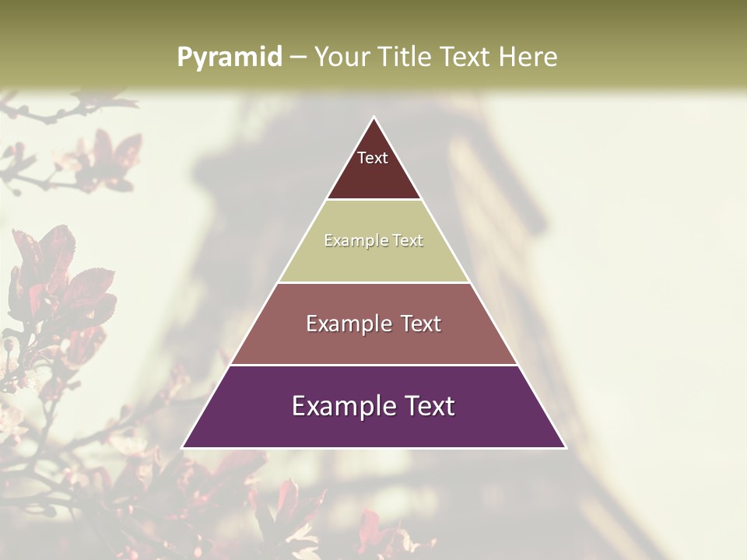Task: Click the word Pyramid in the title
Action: (x=229, y=58)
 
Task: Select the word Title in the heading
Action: (x=405, y=57)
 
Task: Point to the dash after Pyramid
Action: (x=298, y=58)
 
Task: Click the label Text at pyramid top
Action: (x=373, y=158)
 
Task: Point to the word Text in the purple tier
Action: (x=426, y=406)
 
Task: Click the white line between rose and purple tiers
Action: (x=373, y=365)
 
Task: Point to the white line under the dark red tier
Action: (x=373, y=200)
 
